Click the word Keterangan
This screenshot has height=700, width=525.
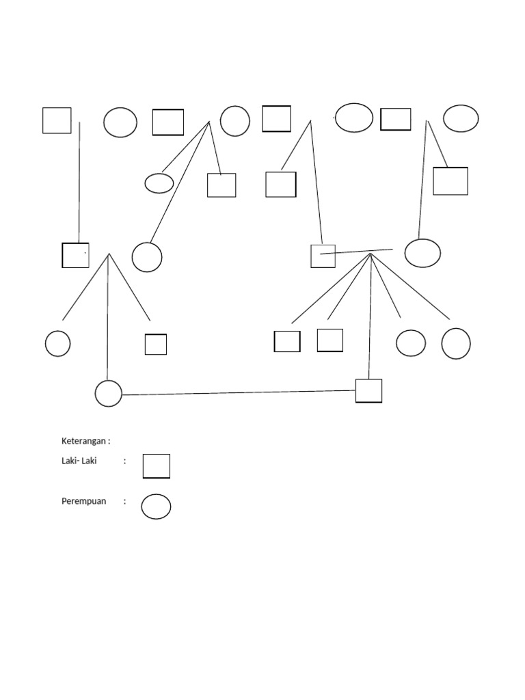pos(85,441)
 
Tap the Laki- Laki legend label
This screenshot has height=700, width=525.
pos(79,461)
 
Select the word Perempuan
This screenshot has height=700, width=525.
pos(84,501)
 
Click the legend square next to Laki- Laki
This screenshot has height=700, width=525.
pos(156,466)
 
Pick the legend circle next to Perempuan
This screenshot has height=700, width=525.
pos(156,507)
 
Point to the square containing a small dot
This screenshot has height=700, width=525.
pos(75,255)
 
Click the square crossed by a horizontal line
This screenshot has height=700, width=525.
pos(323,256)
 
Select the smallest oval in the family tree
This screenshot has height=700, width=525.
pos(159,183)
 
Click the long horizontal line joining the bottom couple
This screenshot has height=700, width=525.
pos(239,392)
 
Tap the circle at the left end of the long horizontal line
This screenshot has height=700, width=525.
pos(108,394)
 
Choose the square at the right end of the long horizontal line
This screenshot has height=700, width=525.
pos(368,390)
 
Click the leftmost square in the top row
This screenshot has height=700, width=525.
pos(57,120)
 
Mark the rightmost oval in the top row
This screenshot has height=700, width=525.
pos(461,118)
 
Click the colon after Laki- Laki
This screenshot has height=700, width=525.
pos(125,461)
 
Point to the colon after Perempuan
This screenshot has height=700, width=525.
pos(125,501)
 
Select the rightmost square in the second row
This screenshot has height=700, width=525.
pos(450,181)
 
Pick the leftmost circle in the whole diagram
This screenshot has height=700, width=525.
pos(57,343)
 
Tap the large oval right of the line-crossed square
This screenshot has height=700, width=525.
pos(422,253)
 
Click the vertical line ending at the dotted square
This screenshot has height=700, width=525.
pos(79,181)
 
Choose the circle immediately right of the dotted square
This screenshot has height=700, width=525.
pos(147,257)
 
